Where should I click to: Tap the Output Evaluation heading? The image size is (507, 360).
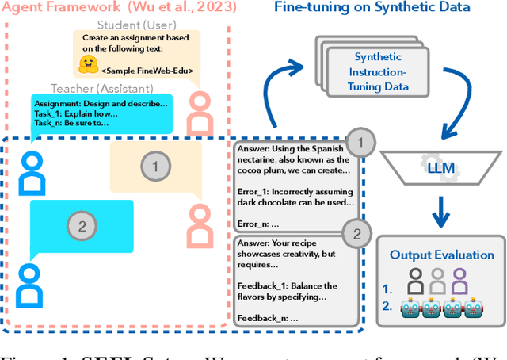pyautogui.click(x=441, y=255)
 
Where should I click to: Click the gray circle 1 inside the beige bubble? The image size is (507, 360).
pyautogui.click(x=156, y=166)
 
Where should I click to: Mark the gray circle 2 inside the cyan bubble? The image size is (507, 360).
pyautogui.click(x=80, y=225)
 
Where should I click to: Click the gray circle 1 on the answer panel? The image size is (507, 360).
pyautogui.click(x=361, y=144)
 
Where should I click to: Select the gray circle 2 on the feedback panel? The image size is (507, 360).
pyautogui.click(x=356, y=232)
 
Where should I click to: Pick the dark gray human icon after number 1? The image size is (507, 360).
pyautogui.click(x=415, y=278)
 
